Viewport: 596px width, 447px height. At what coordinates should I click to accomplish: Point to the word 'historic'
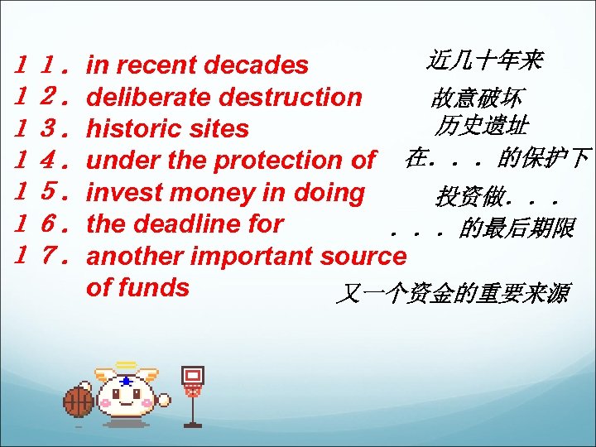pos(135,129)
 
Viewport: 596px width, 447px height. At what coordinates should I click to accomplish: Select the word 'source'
pos(364,256)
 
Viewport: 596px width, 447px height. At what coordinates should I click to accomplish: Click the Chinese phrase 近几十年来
pos(485,60)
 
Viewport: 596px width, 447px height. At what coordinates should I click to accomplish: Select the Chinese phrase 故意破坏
pos(475,98)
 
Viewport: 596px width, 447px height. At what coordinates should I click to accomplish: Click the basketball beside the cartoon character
pos(79,403)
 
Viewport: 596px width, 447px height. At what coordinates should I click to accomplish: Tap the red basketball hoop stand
pos(193,394)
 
